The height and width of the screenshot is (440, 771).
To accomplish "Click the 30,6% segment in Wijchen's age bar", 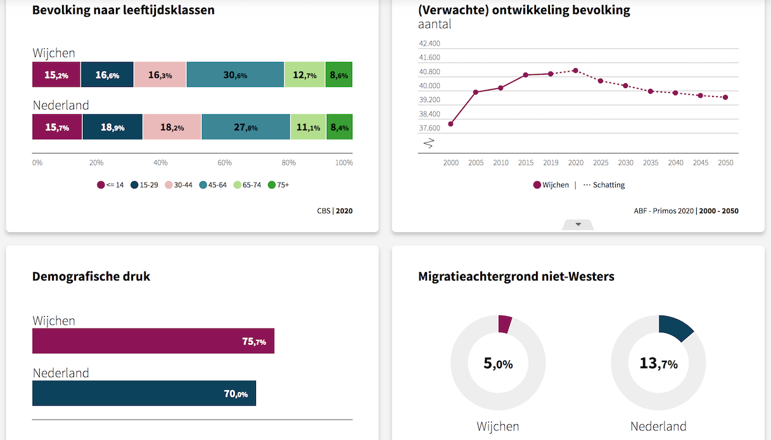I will point(235,75).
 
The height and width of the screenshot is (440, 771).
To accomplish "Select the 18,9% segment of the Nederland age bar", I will point(112,127).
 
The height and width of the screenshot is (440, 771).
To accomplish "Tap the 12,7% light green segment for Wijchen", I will point(304,75).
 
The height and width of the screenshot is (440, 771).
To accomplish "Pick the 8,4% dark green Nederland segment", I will point(339,127).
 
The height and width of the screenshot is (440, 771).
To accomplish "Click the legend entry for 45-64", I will point(213,185).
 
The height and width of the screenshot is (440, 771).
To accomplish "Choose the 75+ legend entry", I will point(278,185).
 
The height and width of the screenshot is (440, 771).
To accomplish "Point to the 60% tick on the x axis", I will point(224,163).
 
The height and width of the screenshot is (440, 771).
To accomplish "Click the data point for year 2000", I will point(450,124).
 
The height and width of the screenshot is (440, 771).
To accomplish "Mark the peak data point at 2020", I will point(575,70).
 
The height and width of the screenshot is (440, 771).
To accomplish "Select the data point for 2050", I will point(725,97).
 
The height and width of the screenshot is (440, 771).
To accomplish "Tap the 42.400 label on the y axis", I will point(429,44).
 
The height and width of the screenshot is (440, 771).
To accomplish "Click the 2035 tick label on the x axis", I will point(651,163).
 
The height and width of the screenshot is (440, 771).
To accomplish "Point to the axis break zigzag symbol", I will point(428,143).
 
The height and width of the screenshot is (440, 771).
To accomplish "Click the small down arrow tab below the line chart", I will point(578,224).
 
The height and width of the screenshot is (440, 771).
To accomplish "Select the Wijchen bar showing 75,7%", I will point(153,341).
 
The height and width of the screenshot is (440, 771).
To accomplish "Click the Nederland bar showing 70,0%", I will point(144,393).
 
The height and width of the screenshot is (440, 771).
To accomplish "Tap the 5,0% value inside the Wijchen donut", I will point(498,364).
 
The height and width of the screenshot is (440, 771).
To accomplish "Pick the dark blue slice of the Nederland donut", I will point(675,327).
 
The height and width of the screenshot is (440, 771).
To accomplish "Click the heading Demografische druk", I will point(91,276).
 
